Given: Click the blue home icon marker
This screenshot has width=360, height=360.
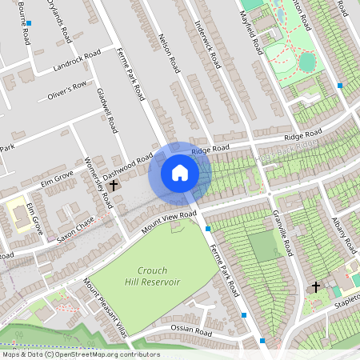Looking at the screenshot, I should point(180,172).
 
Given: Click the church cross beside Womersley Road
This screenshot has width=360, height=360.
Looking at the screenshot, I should point(113,185).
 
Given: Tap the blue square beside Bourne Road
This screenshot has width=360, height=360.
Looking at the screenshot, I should point(29,24).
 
